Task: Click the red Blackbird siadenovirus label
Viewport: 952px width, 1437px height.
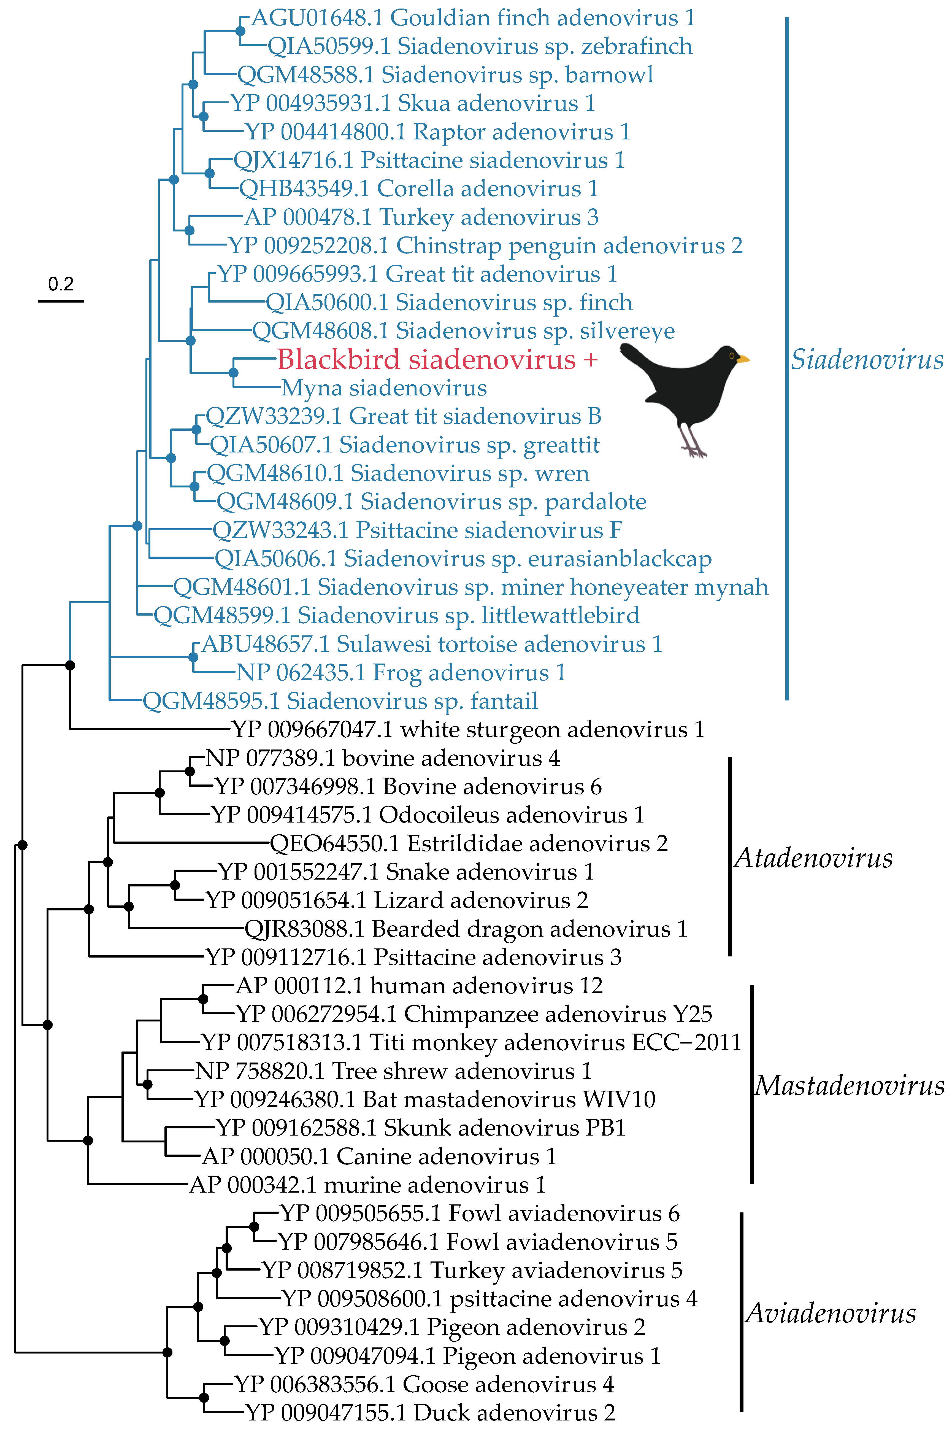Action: click(437, 360)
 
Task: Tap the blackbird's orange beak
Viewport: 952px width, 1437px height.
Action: click(743, 360)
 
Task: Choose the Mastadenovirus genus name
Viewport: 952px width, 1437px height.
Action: click(849, 1085)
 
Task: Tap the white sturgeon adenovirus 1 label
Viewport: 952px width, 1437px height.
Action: click(467, 729)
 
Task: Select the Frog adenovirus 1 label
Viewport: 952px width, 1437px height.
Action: click(401, 673)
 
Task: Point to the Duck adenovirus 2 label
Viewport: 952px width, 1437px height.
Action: click(430, 1413)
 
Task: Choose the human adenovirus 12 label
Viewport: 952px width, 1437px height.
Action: click(419, 986)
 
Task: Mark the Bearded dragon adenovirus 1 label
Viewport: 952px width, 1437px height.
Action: click(466, 929)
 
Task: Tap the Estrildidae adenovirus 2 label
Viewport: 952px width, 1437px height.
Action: click(469, 844)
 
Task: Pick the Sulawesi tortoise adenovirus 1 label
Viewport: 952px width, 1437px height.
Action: click(432, 645)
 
